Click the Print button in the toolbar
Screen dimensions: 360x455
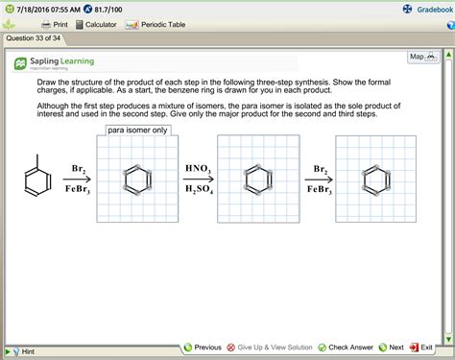click(x=54, y=24)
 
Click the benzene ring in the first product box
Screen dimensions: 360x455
click(x=136, y=180)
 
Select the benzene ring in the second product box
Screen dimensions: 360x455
click(x=255, y=180)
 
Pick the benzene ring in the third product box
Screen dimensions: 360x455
click(x=374, y=180)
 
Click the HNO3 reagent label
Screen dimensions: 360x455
click(x=198, y=169)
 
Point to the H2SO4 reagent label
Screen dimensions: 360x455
click(x=198, y=190)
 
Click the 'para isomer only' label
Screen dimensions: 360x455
click(x=138, y=130)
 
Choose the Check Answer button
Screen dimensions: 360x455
click(x=346, y=348)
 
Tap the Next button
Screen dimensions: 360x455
click(x=390, y=348)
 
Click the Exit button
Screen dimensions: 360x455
click(x=421, y=348)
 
